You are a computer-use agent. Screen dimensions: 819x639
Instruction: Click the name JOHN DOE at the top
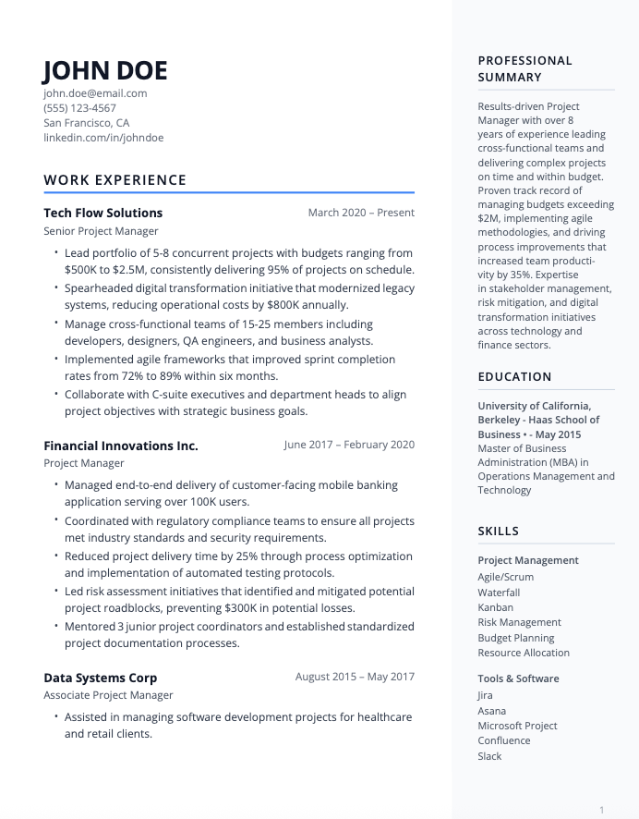click(x=105, y=70)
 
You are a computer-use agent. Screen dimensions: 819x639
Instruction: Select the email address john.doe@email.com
click(x=95, y=93)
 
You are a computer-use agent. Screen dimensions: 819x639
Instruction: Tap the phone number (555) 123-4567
click(x=79, y=108)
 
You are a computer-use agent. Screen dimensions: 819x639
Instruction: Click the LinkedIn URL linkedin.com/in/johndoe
click(x=103, y=138)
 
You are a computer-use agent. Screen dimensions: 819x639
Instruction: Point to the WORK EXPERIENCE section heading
click(x=115, y=180)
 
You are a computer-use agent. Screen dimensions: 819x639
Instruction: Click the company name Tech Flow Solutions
click(x=102, y=213)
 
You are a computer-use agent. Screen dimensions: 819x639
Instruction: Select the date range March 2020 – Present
click(x=361, y=213)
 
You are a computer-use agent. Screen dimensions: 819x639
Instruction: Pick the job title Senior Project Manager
click(x=101, y=231)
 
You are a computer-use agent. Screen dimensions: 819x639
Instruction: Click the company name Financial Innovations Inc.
click(x=121, y=446)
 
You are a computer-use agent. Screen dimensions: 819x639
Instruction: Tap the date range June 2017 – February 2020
click(x=349, y=445)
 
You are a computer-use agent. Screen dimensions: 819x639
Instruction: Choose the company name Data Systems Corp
click(x=100, y=678)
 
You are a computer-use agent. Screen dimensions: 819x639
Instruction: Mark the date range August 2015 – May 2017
click(x=355, y=677)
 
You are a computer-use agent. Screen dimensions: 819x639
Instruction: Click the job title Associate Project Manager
click(x=108, y=695)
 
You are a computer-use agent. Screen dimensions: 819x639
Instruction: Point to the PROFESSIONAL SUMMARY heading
click(x=524, y=69)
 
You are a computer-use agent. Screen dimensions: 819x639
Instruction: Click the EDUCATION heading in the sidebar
click(x=514, y=377)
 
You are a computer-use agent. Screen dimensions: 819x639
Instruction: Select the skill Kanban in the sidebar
click(x=495, y=607)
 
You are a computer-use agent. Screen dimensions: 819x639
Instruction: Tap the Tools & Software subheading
click(x=518, y=678)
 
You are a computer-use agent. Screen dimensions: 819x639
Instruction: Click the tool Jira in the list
click(x=485, y=695)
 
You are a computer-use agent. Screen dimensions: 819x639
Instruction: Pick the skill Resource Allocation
click(x=524, y=653)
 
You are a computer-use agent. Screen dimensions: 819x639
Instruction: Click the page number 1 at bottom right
click(x=601, y=810)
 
